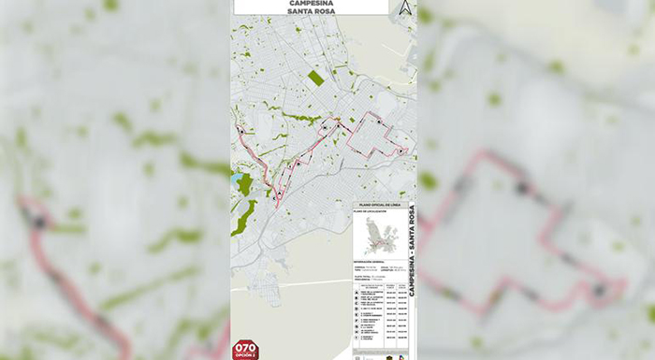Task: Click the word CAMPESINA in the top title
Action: click(312, 3)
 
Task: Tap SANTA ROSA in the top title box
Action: click(312, 11)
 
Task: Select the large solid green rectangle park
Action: click(315, 79)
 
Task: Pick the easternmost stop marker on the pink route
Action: click(401, 151)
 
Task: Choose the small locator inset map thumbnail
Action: click(380, 232)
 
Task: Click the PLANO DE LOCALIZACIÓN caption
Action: click(371, 212)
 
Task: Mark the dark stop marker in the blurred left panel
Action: click(38, 221)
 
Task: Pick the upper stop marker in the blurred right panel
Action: click(524, 188)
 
